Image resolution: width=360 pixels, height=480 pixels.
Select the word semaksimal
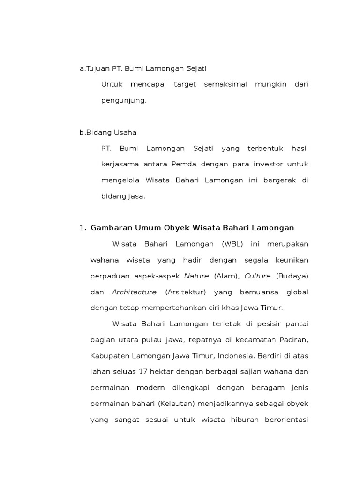tap(225, 84)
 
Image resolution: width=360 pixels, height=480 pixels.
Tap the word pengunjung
tap(124, 100)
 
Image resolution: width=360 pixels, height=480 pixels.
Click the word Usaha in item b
tap(125, 133)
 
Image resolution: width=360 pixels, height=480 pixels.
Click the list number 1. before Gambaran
tap(83, 228)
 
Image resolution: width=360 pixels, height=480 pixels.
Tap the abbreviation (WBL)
tap(228, 244)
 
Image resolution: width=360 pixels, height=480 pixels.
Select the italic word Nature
tap(196, 276)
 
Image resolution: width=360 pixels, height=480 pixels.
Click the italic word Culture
tap(258, 276)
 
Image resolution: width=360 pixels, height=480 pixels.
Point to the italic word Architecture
tap(134, 292)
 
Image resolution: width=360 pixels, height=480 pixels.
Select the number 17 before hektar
tap(143, 372)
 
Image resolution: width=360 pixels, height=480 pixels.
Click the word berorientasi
tap(284, 420)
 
